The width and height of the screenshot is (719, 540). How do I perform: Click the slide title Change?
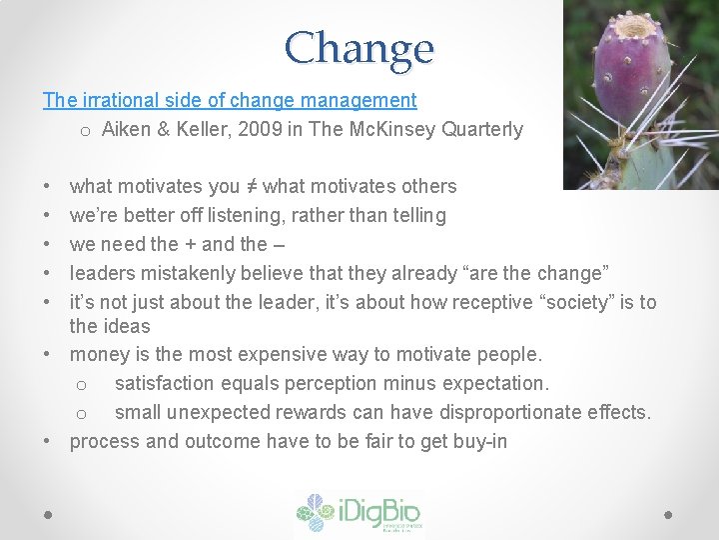click(359, 47)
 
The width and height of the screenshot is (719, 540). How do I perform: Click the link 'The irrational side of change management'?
click(230, 100)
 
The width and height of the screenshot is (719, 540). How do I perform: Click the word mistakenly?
click(174, 273)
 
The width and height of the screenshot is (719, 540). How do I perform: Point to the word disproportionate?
click(530, 412)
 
